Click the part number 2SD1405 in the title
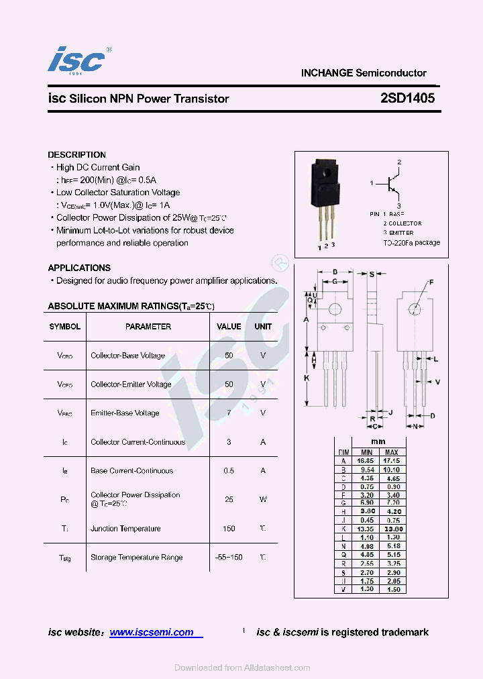click(407, 98)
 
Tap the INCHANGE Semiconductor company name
click(364, 73)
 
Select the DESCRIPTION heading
click(76, 154)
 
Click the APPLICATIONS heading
click(79, 268)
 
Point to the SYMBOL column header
click(65, 327)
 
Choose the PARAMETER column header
click(148, 327)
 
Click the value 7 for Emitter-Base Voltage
click(229, 413)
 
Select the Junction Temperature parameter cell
click(125, 529)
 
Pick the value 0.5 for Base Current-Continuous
click(229, 471)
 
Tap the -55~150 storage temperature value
click(229, 558)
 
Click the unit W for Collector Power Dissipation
click(263, 499)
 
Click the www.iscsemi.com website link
click(152, 632)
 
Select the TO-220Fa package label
click(411, 242)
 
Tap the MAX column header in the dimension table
click(392, 452)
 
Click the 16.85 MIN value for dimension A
click(365, 462)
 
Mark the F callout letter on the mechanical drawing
click(431, 282)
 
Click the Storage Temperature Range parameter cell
click(136, 558)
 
